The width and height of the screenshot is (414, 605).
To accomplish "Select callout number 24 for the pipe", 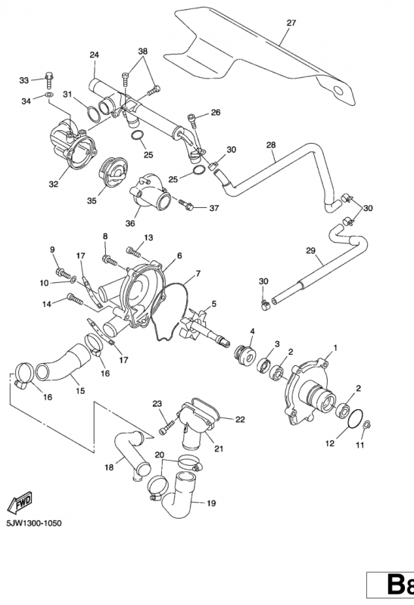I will (95, 54).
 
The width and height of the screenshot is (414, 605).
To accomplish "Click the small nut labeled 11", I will (366, 426).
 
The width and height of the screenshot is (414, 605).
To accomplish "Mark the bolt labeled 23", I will (162, 428).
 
